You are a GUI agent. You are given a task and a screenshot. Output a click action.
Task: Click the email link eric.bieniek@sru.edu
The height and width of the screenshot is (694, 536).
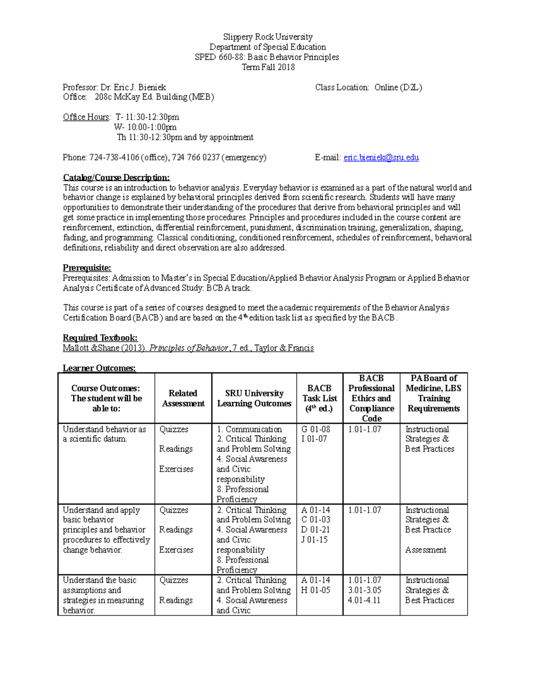point(381,157)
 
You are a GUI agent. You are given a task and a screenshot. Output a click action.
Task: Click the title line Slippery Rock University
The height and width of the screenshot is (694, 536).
point(268,37)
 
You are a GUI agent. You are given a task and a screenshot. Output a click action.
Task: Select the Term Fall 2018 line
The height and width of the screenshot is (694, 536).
point(268,67)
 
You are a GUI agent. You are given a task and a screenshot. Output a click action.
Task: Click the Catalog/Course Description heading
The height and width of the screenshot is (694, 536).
point(116,177)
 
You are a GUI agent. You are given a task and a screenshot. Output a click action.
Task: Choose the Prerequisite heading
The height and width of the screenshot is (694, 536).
point(87,268)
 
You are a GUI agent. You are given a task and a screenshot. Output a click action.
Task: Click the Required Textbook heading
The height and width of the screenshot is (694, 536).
point(100,338)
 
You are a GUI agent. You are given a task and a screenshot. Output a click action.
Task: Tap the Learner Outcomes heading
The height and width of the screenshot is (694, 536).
point(99,368)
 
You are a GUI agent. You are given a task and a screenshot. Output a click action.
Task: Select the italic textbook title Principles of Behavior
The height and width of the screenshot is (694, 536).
point(188,348)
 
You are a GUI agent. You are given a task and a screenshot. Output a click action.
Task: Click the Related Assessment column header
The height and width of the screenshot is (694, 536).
point(183,398)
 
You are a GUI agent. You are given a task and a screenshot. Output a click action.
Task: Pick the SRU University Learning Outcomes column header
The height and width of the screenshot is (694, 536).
point(254,398)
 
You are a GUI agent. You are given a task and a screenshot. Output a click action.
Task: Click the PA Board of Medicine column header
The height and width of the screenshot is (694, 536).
point(433,393)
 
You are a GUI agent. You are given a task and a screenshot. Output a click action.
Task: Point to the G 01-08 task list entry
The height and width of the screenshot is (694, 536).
point(316,429)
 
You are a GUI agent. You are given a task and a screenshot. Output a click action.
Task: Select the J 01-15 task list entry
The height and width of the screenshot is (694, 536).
point(314,540)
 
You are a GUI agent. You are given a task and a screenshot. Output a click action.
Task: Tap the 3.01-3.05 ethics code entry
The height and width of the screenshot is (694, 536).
point(364,590)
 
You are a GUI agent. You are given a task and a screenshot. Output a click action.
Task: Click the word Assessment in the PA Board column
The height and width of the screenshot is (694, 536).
point(426,550)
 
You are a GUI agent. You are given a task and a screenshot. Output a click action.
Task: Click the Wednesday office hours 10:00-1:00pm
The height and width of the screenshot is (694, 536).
point(146,127)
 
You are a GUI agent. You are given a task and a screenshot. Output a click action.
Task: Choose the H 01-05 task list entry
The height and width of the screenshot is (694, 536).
point(316,590)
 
